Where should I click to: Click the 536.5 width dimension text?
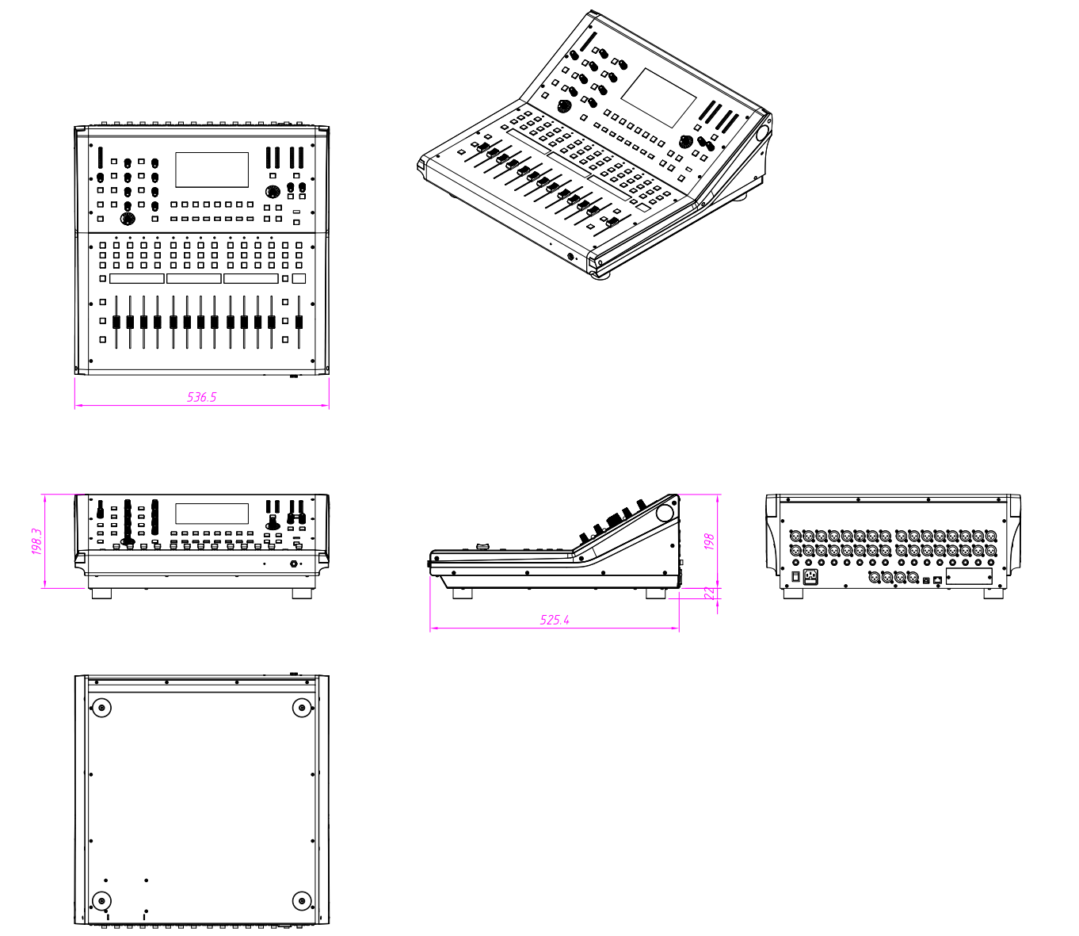pos(201,398)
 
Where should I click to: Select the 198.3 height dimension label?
pos(36,541)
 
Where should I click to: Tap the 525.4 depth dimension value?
pos(555,620)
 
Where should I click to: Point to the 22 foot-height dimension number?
pos(709,593)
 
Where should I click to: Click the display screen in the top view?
pos(212,170)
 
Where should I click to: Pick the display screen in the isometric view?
pos(659,98)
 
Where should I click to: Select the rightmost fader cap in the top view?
pos(299,323)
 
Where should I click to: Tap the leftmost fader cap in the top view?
pos(116,323)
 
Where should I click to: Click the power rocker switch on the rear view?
pos(795,577)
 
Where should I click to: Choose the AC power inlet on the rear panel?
pos(810,577)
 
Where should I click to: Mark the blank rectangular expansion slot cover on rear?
pos(969,577)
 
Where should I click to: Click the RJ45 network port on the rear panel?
pos(937,580)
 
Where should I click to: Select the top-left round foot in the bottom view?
pos(101,709)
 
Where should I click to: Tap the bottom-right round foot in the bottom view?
pos(302,901)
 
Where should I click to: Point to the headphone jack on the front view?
pos(295,564)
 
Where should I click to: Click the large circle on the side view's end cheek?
pos(665,512)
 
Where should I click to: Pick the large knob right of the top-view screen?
pos(273,192)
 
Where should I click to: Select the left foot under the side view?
pos(462,594)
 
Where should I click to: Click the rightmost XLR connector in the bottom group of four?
pos(913,577)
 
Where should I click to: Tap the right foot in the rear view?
pos(993,594)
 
